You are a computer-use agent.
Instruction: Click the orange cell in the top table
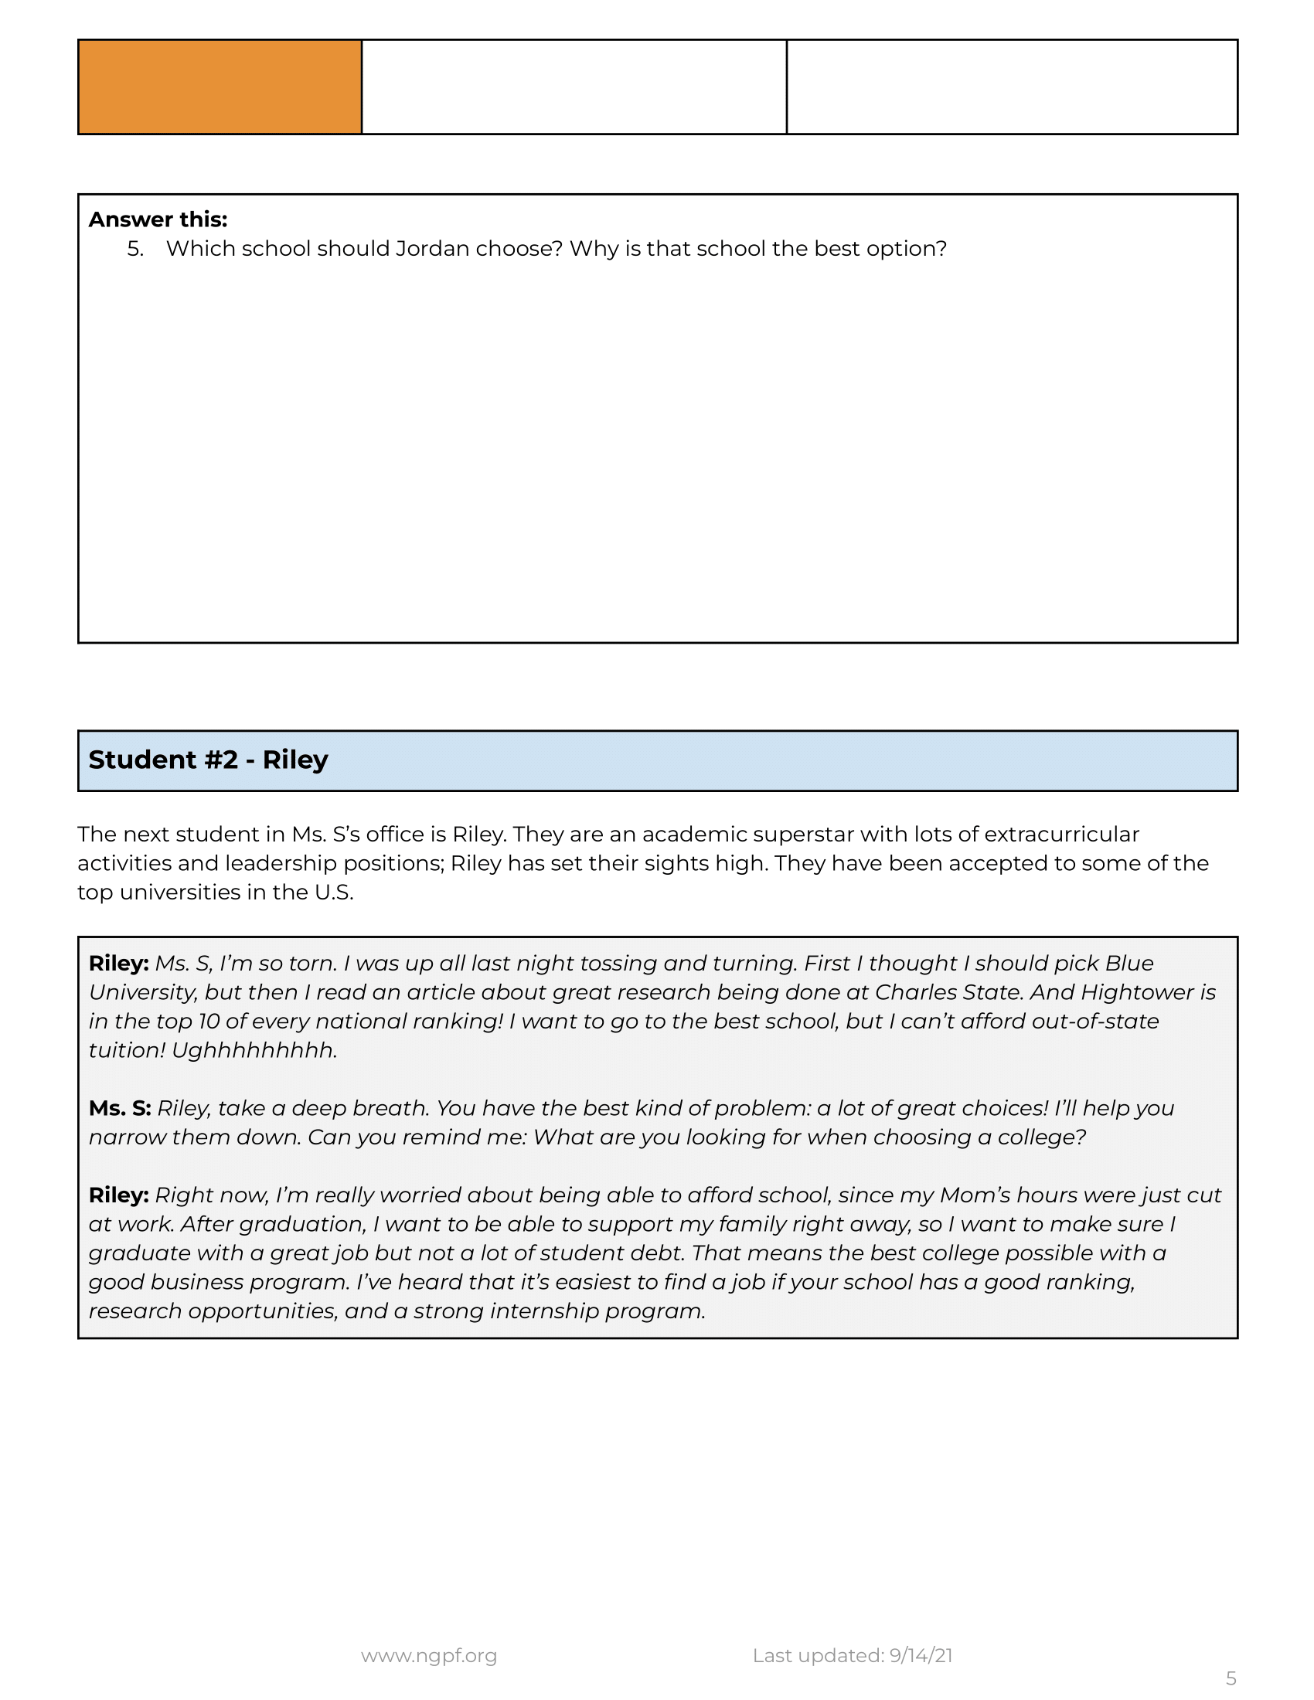tap(220, 87)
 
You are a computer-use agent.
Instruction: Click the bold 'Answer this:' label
tap(157, 219)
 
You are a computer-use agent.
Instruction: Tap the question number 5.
tap(135, 249)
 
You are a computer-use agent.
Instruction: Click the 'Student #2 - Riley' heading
tap(208, 760)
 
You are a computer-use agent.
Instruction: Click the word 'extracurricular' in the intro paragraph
tap(1062, 835)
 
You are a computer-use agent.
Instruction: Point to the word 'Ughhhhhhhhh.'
tap(254, 1051)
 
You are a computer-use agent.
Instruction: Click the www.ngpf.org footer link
tap(429, 1656)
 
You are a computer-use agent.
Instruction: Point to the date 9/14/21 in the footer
tap(921, 1656)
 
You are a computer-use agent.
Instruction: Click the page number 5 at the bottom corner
tap(1231, 1678)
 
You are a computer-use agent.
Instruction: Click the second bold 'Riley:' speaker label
tap(118, 1195)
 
